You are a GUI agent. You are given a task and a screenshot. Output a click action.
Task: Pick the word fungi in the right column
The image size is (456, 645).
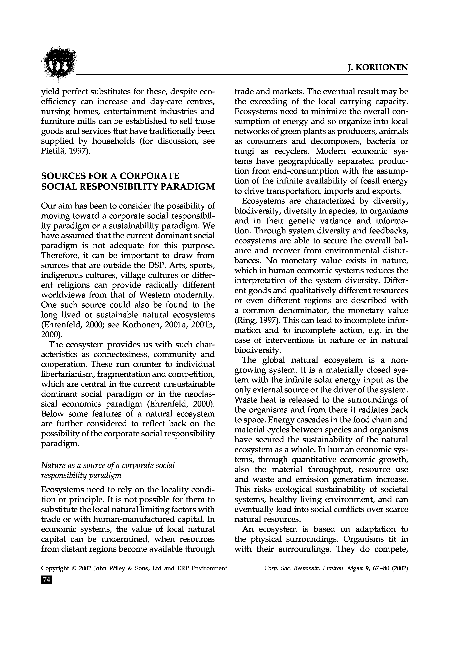coord(244,152)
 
